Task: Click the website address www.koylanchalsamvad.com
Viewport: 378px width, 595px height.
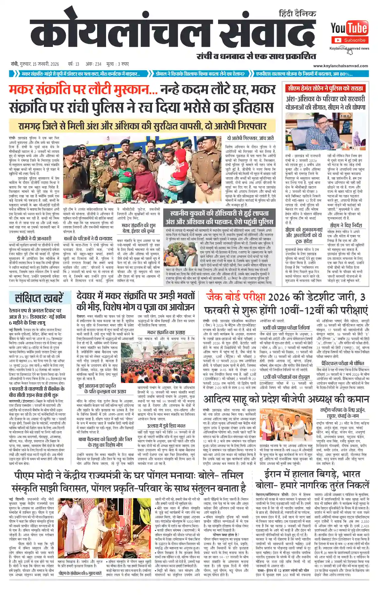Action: pyautogui.click(x=340, y=66)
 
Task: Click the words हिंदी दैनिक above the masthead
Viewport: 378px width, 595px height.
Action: pyautogui.click(x=297, y=14)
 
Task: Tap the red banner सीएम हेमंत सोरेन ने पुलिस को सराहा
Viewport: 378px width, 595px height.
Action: pyautogui.click(x=325, y=88)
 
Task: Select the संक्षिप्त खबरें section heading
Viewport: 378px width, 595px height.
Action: pyautogui.click(x=39, y=298)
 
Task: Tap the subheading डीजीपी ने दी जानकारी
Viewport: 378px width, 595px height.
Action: pyautogui.click(x=34, y=238)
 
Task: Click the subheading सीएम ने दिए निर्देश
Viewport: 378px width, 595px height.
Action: pyautogui.click(x=346, y=225)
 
